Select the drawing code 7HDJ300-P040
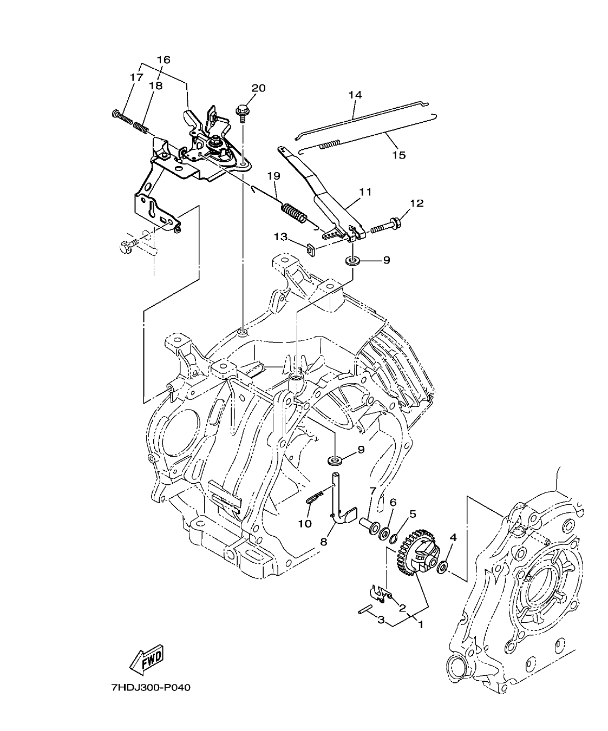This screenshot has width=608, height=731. (151, 688)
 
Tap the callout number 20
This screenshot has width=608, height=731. (258, 88)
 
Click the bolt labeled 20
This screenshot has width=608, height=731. (241, 112)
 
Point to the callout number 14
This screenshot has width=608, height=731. (355, 95)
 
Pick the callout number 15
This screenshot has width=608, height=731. (398, 155)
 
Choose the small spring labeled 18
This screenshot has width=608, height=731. (141, 128)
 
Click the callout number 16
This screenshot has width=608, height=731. (163, 60)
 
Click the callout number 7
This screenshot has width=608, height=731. (372, 491)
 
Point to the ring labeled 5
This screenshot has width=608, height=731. (395, 538)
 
